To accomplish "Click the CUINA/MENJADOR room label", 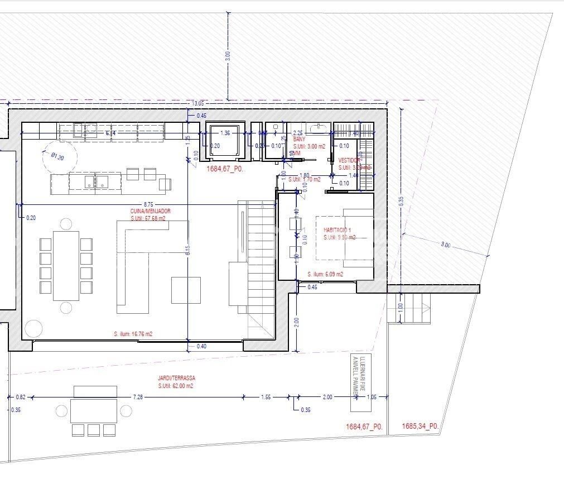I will click(151, 211).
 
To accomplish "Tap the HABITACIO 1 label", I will click(337, 230).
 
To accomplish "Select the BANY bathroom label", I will click(300, 139).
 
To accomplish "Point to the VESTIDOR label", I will click(350, 160).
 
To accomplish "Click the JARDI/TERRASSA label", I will click(176, 378).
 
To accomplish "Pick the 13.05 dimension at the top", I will click(197, 103).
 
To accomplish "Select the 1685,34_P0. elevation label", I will click(420, 427).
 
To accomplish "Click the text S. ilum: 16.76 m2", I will click(133, 334).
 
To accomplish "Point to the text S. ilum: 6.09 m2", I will click(325, 274).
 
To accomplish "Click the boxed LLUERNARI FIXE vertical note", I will click(357, 377).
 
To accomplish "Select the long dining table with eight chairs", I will click(66, 265).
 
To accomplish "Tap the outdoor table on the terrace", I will click(94, 410).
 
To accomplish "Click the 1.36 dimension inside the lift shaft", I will click(225, 133).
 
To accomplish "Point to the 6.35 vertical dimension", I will click(401, 202).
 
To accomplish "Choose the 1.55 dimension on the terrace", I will click(266, 396).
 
